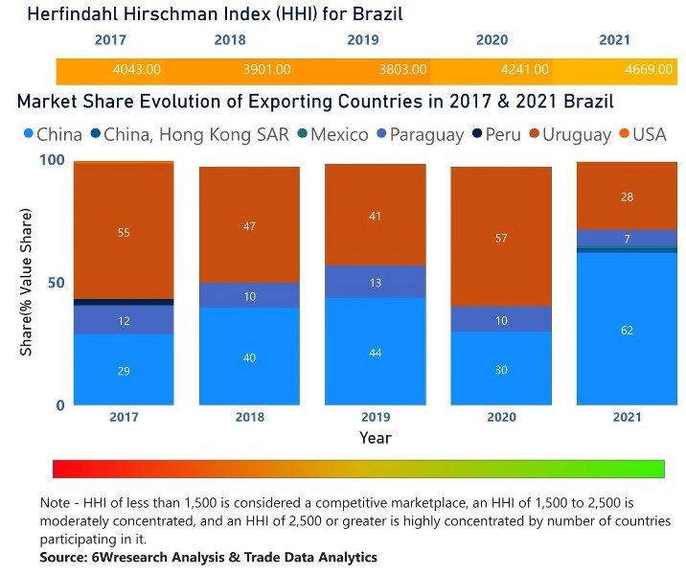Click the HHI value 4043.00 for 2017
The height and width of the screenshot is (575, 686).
coord(136,70)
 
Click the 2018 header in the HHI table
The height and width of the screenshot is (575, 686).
coord(230,40)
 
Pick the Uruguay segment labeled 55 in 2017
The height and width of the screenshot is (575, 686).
coord(124,232)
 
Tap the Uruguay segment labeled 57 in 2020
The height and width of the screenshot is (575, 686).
coord(502,237)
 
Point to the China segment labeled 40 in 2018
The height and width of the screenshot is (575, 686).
coord(249,356)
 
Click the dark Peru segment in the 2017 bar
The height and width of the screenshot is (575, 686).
coord(124,302)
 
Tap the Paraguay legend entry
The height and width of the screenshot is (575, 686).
coord(423,134)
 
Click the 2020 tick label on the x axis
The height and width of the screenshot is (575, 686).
coord(502,418)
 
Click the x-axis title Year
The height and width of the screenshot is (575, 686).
coord(375,438)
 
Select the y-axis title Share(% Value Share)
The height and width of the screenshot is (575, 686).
coord(27,283)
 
